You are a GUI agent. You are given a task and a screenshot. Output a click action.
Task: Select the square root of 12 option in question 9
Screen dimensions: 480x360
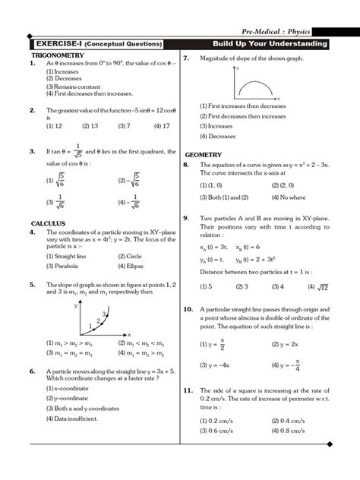(x=317, y=286)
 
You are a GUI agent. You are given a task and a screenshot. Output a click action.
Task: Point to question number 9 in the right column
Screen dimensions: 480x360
(x=186, y=217)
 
